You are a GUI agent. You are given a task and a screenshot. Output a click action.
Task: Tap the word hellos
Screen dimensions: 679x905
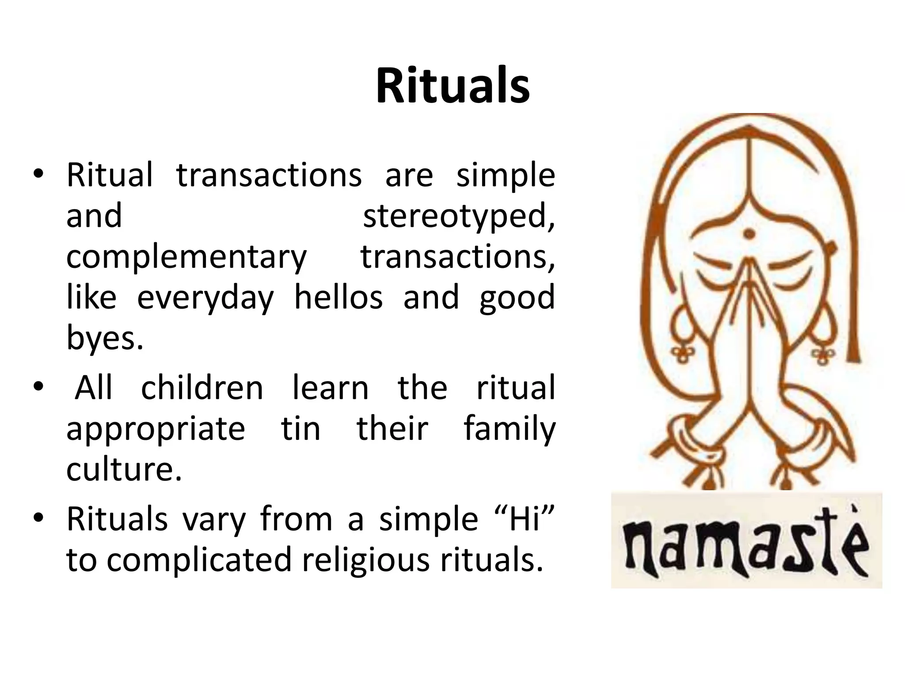[338, 297]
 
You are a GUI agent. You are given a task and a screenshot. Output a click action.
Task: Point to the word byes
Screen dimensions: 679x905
[105, 338]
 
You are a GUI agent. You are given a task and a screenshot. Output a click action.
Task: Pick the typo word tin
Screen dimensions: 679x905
[300, 428]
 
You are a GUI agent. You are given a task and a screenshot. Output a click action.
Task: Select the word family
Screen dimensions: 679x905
[509, 428]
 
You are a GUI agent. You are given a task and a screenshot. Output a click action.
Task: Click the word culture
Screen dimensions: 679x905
[124, 469]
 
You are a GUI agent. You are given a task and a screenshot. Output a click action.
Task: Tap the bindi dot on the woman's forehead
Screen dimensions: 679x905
[749, 233]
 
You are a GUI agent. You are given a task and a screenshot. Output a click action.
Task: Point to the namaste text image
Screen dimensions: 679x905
[746, 540]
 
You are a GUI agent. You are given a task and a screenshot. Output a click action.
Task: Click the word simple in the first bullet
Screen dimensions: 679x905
[506, 176]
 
